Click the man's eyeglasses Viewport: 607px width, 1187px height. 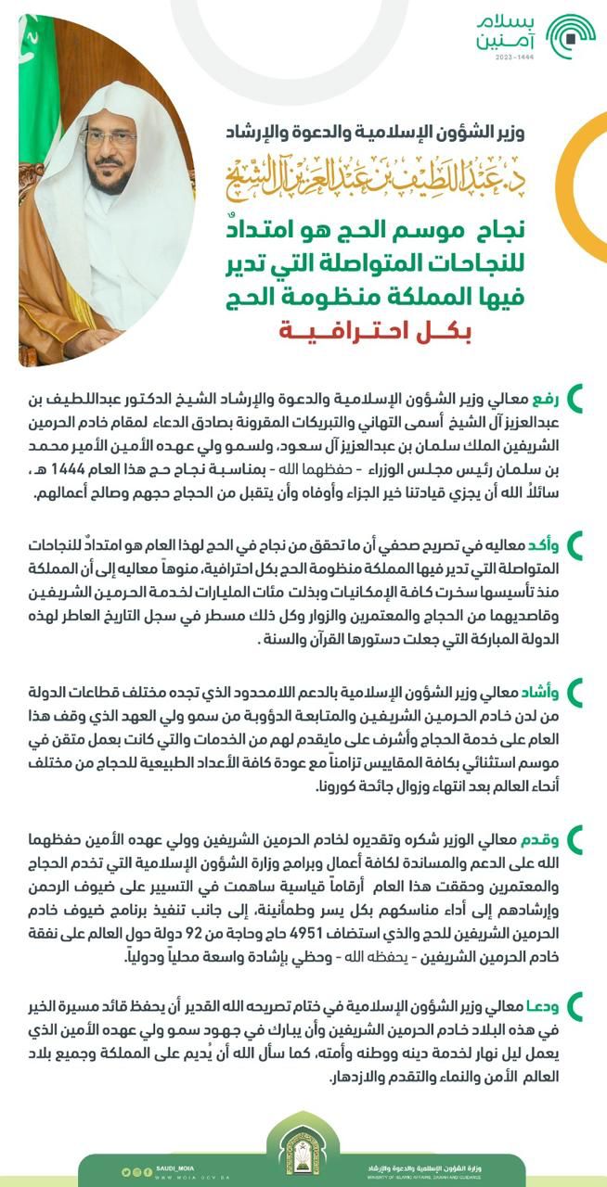tap(109, 138)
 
